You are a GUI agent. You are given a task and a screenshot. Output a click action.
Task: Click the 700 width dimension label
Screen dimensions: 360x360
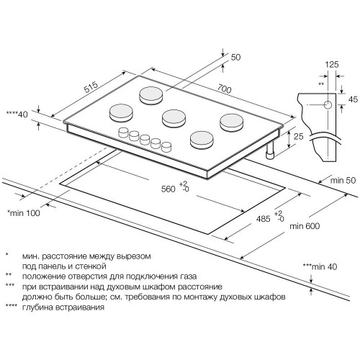[x=225, y=89]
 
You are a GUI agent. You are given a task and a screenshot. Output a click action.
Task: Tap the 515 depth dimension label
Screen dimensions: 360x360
[x=91, y=87]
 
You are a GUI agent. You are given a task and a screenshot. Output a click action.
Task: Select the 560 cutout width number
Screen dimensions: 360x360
[x=168, y=189]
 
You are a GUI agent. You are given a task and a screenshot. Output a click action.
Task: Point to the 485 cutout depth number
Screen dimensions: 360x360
[x=264, y=219]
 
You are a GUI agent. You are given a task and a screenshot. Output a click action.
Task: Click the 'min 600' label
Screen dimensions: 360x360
[x=305, y=226]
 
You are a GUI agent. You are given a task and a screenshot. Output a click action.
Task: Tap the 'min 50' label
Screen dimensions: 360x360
[x=343, y=180]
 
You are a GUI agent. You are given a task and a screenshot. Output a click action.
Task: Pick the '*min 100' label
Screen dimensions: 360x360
[x=24, y=213]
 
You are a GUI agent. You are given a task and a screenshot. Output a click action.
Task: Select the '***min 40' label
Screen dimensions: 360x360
[x=320, y=266]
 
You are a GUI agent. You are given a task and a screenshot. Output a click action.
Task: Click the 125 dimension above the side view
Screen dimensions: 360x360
[x=332, y=64]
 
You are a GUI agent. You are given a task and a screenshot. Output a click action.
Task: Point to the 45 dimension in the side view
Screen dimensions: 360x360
[x=353, y=99]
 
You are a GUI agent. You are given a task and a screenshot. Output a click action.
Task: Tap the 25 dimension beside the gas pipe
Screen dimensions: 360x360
[x=299, y=136]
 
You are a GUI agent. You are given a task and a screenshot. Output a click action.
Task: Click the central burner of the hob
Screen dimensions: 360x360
[x=174, y=119]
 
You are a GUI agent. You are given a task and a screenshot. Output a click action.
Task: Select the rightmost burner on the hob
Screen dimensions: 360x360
[x=231, y=122]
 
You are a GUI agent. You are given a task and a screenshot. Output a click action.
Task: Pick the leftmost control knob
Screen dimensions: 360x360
[x=124, y=132]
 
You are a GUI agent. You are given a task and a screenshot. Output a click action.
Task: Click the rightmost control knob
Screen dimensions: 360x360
[x=166, y=147]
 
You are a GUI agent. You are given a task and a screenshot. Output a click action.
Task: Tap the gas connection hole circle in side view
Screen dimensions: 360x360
[x=328, y=105]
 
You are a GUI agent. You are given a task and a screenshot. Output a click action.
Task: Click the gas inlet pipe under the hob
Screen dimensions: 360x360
[x=270, y=151]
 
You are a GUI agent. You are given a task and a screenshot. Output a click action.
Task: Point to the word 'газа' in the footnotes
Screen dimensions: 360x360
[x=188, y=276]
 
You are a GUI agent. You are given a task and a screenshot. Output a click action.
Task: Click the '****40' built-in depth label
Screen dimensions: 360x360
[x=17, y=114]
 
